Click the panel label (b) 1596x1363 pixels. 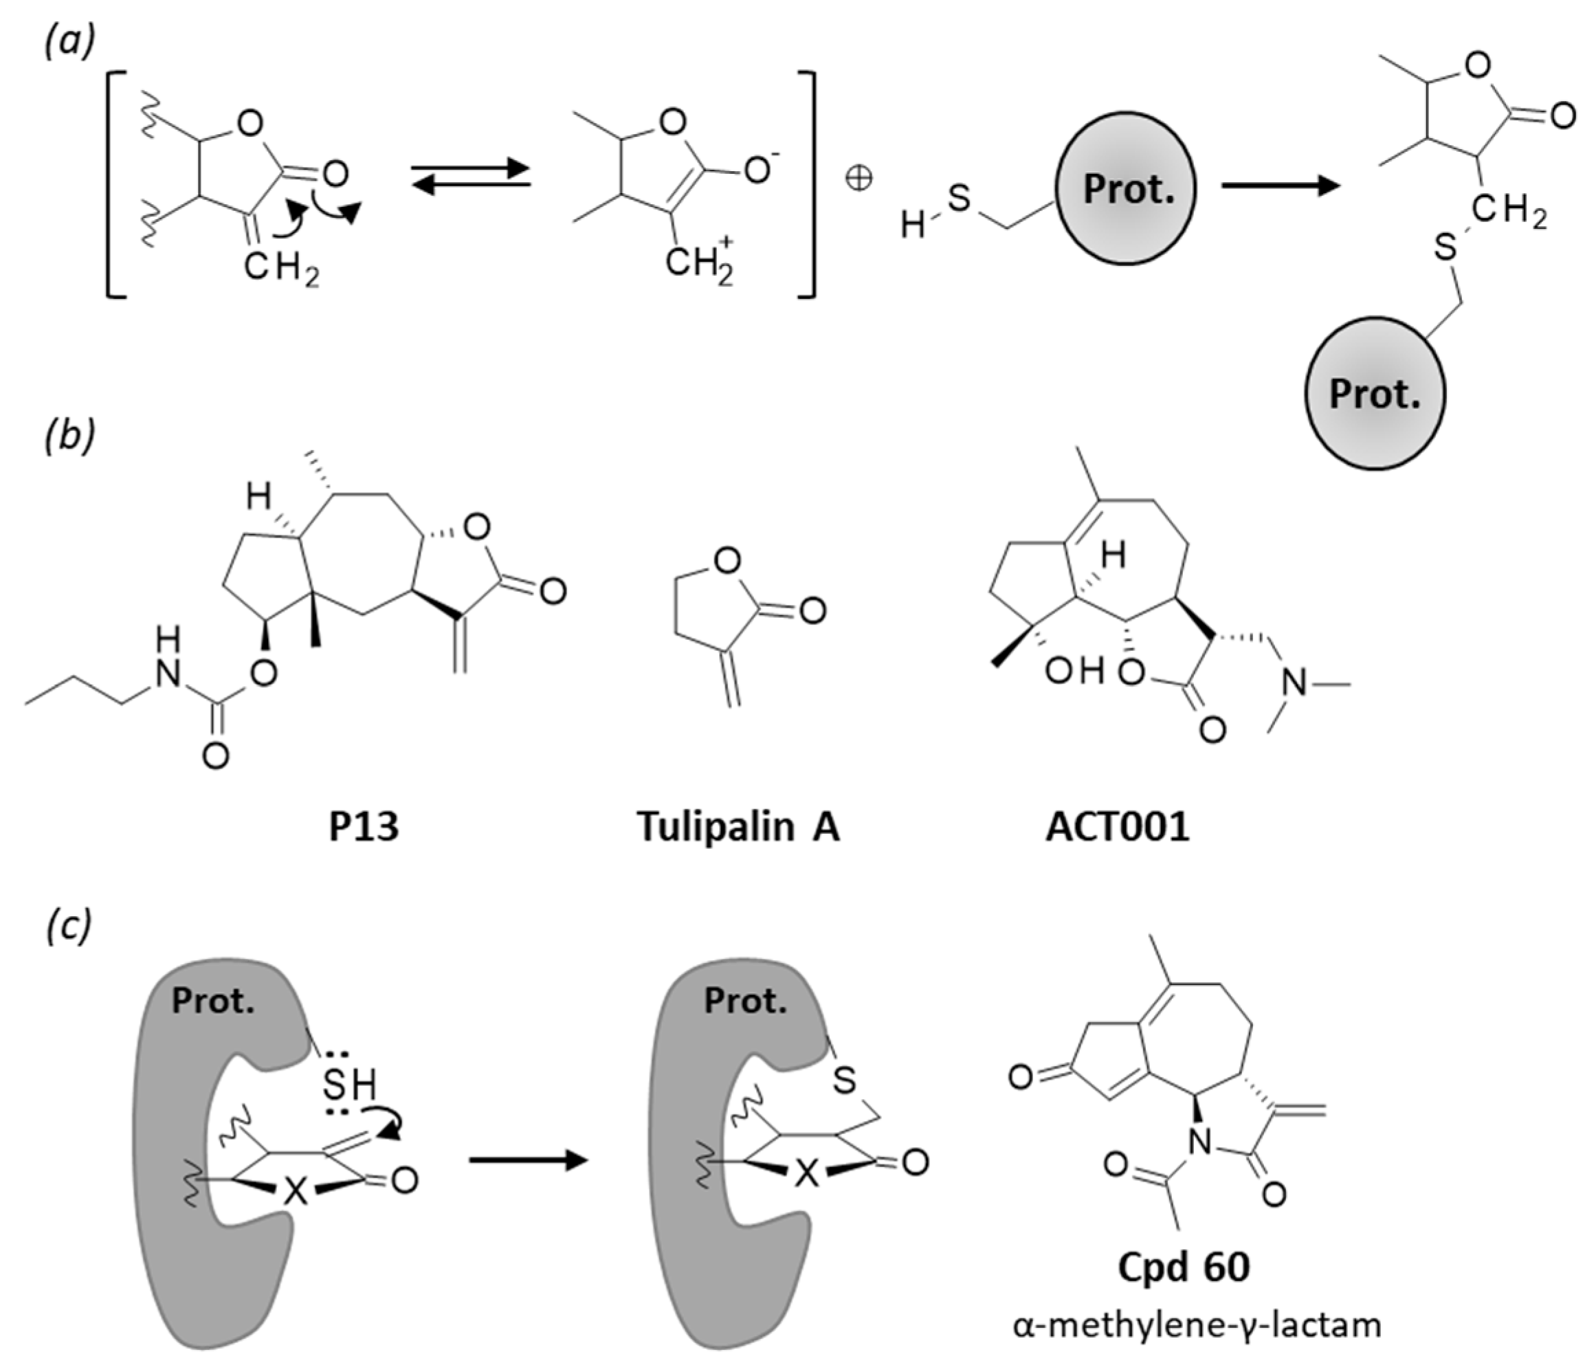click(69, 436)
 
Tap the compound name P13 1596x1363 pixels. click(364, 828)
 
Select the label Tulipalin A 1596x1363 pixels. click(739, 828)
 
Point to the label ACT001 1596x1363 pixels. click(1118, 828)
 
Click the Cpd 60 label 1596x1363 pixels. click(1184, 1267)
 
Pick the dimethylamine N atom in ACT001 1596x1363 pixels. click(1296, 683)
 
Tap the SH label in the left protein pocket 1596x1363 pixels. click(351, 1087)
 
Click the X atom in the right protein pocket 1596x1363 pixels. click(806, 1173)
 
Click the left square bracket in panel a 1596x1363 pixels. click(115, 184)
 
